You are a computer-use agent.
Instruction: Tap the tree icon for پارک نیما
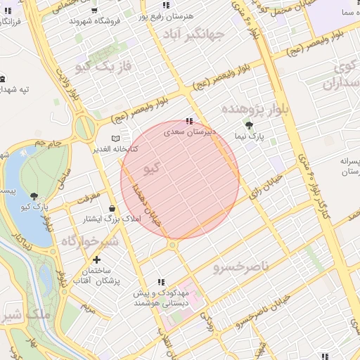click(247, 124)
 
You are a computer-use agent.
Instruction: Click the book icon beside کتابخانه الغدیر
click(116, 139)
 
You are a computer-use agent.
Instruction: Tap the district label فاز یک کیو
click(103, 67)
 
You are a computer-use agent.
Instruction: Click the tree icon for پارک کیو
click(34, 195)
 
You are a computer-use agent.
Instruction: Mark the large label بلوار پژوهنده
click(255, 109)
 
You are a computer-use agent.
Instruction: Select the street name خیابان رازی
click(269, 184)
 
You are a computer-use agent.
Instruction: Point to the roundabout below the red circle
click(172, 245)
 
